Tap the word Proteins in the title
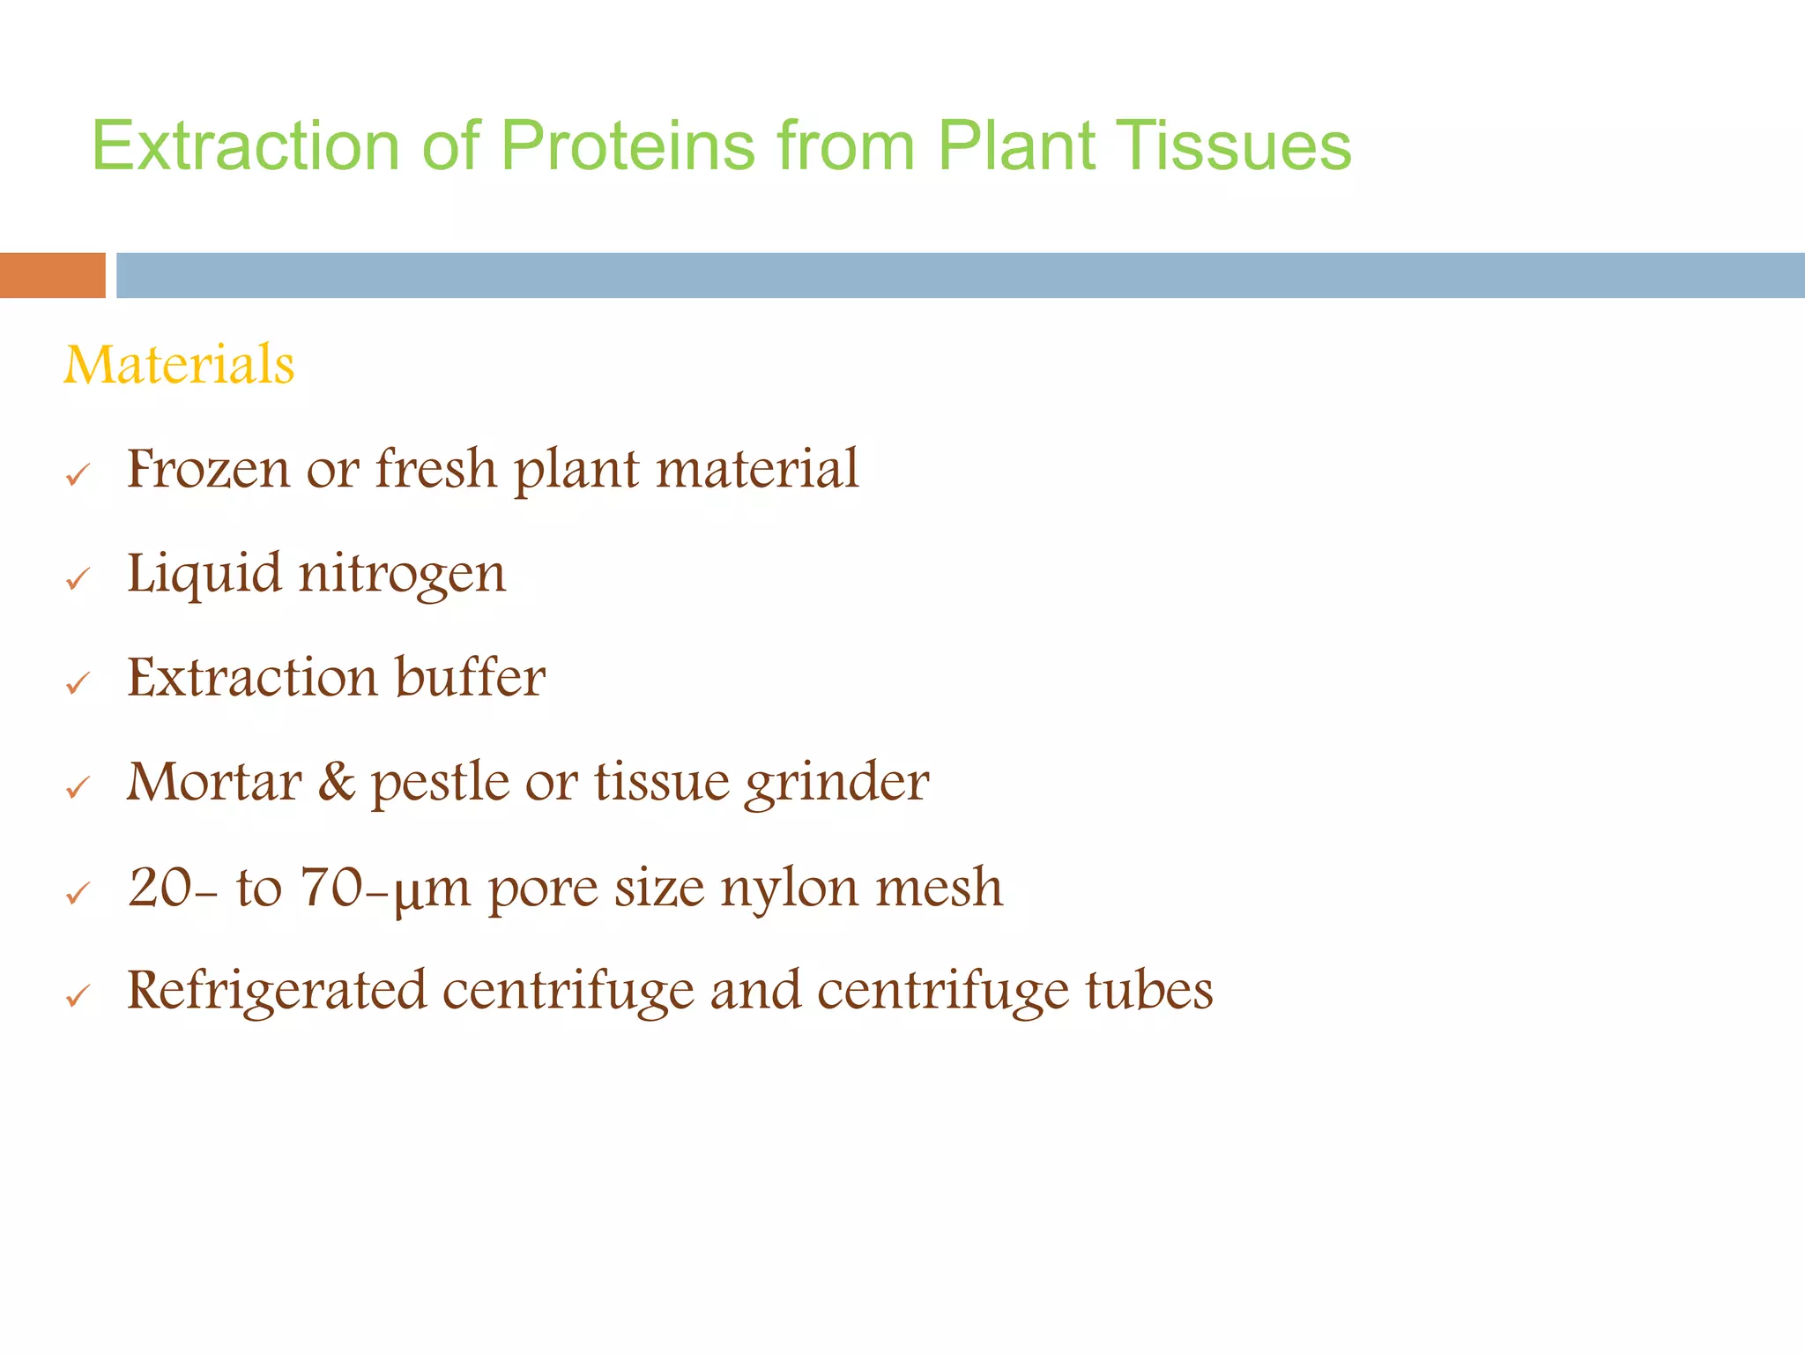tap(628, 145)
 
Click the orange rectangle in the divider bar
tap(52, 275)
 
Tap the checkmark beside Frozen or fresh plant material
tap(78, 476)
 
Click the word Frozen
tap(207, 468)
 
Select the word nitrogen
tap(403, 574)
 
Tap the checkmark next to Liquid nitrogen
tap(78, 579)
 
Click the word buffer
tap(470, 677)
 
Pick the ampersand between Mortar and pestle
tap(336, 782)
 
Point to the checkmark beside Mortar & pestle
tap(78, 787)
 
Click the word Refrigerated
tap(276, 991)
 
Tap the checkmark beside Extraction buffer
tap(78, 683)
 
